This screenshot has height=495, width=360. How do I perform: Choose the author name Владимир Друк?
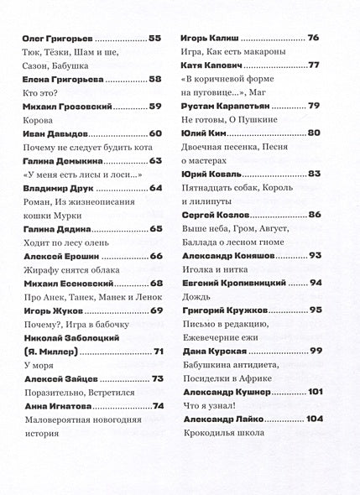point(56,188)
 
